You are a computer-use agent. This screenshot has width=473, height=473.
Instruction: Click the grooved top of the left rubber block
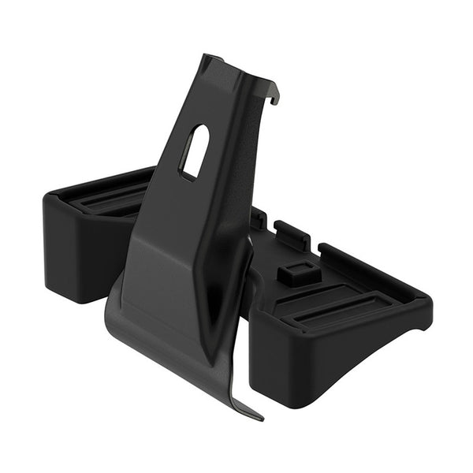(110, 196)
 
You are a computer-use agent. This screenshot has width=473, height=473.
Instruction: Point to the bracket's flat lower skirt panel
(158, 331)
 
